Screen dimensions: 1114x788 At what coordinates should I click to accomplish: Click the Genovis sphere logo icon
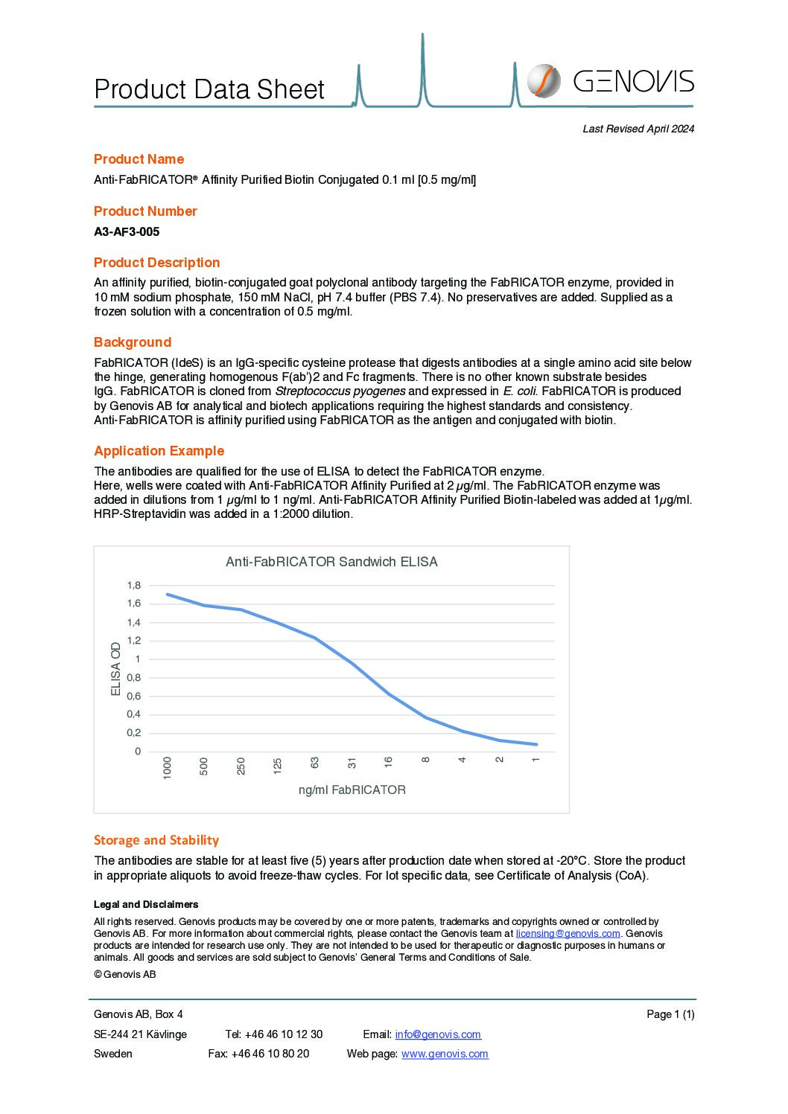[x=544, y=80]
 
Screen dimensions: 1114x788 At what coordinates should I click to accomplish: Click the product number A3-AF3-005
[x=127, y=231]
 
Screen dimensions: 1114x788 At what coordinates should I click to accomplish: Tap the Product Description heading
[x=156, y=263]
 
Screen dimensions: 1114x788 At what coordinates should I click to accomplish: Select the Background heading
[x=133, y=342]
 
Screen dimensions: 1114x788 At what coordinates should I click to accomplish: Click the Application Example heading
[x=159, y=451]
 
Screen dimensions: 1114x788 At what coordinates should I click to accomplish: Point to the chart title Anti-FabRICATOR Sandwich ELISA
[x=331, y=562]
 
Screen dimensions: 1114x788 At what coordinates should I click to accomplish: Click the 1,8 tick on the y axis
[x=133, y=586]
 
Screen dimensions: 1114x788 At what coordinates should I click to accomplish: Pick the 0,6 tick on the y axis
[x=133, y=696]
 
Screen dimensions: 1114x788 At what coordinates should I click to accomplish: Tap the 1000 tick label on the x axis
[x=167, y=767]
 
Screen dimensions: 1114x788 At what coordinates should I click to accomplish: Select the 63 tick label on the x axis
[x=314, y=763]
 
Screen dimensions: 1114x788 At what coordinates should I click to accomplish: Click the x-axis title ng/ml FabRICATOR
[x=352, y=790]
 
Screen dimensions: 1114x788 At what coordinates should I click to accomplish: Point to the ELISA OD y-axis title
[x=115, y=669]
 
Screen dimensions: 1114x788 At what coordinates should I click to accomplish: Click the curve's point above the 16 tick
[x=389, y=694]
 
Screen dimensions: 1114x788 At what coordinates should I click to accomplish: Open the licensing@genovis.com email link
[x=568, y=933]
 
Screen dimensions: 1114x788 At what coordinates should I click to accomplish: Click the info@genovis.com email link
[x=438, y=1034]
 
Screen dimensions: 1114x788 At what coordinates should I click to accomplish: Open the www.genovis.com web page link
[x=445, y=1054]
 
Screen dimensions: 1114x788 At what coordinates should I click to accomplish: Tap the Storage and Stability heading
[x=156, y=840]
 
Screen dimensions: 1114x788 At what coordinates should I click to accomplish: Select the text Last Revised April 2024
[x=638, y=129]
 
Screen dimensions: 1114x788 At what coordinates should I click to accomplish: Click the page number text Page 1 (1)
[x=670, y=1014]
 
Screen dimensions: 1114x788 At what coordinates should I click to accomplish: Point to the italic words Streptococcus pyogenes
[x=340, y=391]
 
